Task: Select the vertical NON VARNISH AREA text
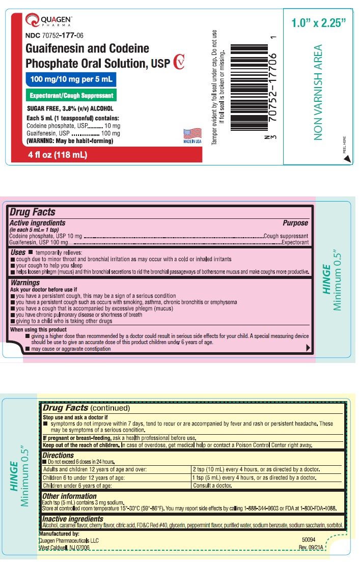click(318, 92)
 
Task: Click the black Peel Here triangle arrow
click(347, 158)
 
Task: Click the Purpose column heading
click(295, 223)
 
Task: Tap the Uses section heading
click(18, 252)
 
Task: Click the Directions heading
click(61, 455)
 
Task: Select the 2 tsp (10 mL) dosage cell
click(255, 469)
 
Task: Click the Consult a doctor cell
click(212, 486)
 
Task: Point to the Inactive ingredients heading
click(73, 519)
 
